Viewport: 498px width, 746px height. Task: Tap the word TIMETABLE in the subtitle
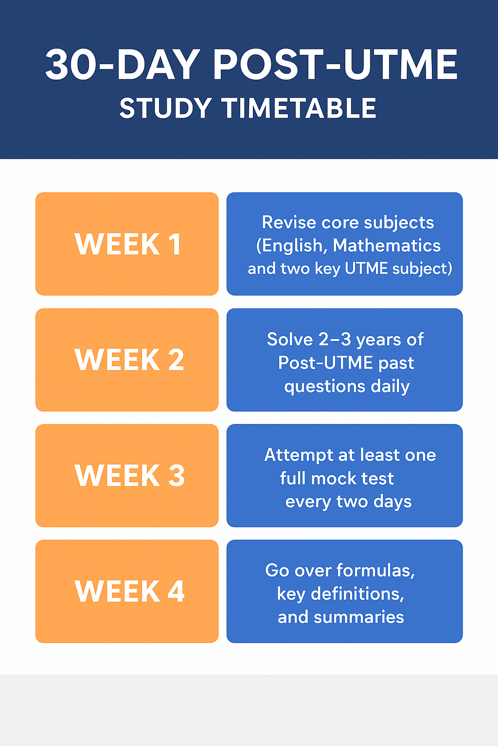click(x=299, y=108)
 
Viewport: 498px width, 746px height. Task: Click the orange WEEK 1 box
click(x=127, y=244)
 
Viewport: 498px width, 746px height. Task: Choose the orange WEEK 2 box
click(x=127, y=360)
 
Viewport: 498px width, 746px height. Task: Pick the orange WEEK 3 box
click(x=127, y=475)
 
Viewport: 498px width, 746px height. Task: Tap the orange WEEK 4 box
click(x=127, y=591)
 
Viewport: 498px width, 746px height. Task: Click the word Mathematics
click(x=387, y=245)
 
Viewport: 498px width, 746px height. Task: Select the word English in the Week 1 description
click(x=292, y=246)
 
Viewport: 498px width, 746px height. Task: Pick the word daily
click(x=390, y=387)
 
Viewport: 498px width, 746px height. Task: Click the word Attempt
click(x=298, y=455)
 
